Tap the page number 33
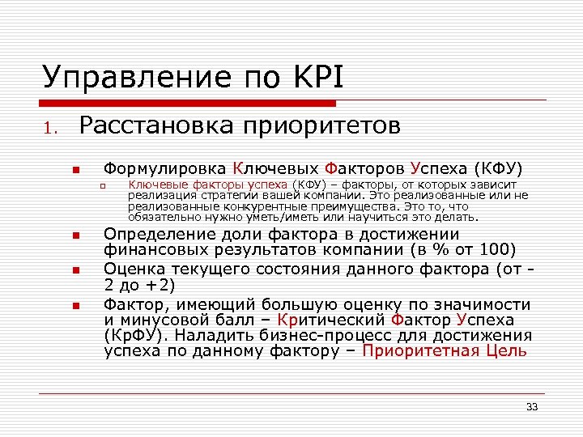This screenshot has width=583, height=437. (x=532, y=406)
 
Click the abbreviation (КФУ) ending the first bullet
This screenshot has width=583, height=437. (x=498, y=169)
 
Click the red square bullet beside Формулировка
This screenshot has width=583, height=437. (x=73, y=171)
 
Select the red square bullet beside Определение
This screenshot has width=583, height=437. (x=73, y=235)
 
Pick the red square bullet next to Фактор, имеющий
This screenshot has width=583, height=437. (x=73, y=306)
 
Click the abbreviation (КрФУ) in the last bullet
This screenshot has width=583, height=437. (x=134, y=335)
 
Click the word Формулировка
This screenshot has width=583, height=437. (x=165, y=169)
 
